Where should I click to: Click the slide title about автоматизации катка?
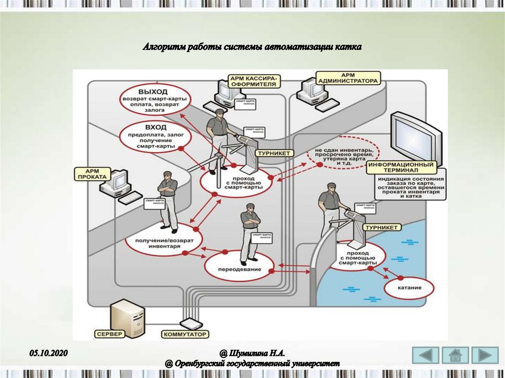coord(252,47)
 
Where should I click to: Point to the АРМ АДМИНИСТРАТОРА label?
coord(349,77)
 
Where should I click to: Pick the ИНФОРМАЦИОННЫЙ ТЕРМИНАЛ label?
coord(402,168)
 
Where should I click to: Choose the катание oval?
coord(408,287)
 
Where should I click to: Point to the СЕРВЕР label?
coord(110,334)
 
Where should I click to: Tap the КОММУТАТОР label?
coord(185,334)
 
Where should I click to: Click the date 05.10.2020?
coord(48,353)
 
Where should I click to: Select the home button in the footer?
coord(455,355)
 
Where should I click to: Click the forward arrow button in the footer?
coord(485,355)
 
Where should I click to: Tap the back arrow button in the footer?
coord(425,355)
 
